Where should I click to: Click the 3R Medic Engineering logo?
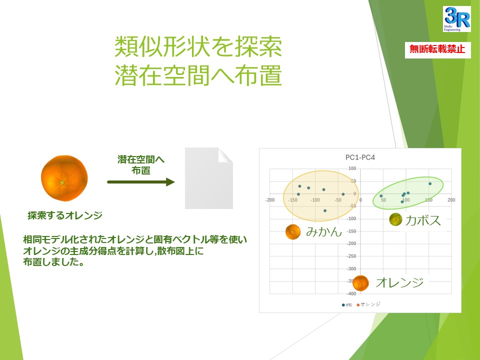pyautogui.click(x=456, y=19)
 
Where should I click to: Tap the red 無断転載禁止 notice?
pyautogui.click(x=437, y=49)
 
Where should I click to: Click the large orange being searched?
pyautogui.click(x=64, y=178)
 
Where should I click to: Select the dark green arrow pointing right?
pyautogui.click(x=141, y=182)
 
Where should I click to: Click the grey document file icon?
pyautogui.click(x=209, y=178)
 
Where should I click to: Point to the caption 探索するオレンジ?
pyautogui.click(x=65, y=215)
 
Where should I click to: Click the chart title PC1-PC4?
pyautogui.click(x=360, y=157)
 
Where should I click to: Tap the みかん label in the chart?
pyautogui.click(x=324, y=231)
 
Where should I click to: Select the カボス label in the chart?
pyautogui.click(x=423, y=220)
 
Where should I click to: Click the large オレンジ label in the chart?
pyautogui.click(x=399, y=282)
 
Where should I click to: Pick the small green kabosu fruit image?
pyautogui.click(x=395, y=219)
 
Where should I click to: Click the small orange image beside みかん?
pyautogui.click(x=292, y=231)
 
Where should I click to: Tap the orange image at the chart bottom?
pyautogui.click(x=360, y=283)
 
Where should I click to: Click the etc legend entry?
pyautogui.click(x=347, y=305)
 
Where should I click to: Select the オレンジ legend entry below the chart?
pyautogui.click(x=368, y=304)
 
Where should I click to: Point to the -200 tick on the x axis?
pyautogui.click(x=269, y=200)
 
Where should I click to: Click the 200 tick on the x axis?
pyautogui.click(x=451, y=200)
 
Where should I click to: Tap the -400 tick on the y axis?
pyautogui.click(x=351, y=293)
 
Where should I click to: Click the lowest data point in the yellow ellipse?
pyautogui.click(x=325, y=210)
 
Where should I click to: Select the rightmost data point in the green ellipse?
pyautogui.click(x=430, y=183)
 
